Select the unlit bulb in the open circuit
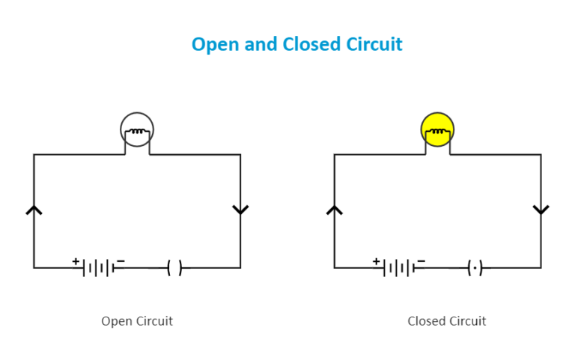pyautogui.click(x=137, y=129)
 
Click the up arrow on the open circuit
pyautogui.click(x=34, y=210)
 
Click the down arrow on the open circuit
pyautogui.click(x=240, y=210)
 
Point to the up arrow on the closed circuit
pyautogui.click(x=335, y=210)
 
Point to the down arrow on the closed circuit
pyautogui.click(x=541, y=210)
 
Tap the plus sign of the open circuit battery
pyautogui.click(x=76, y=261)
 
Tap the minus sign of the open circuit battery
pyautogui.click(x=121, y=261)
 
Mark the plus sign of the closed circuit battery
pyautogui.click(x=376, y=261)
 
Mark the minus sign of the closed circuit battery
pyautogui.click(x=421, y=261)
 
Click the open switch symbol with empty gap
pyautogui.click(x=174, y=267)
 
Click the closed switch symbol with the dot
pyautogui.click(x=475, y=267)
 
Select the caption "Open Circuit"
pyautogui.click(x=137, y=321)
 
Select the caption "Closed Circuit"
pyautogui.click(x=447, y=321)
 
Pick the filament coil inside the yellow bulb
pyautogui.click(x=437, y=132)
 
